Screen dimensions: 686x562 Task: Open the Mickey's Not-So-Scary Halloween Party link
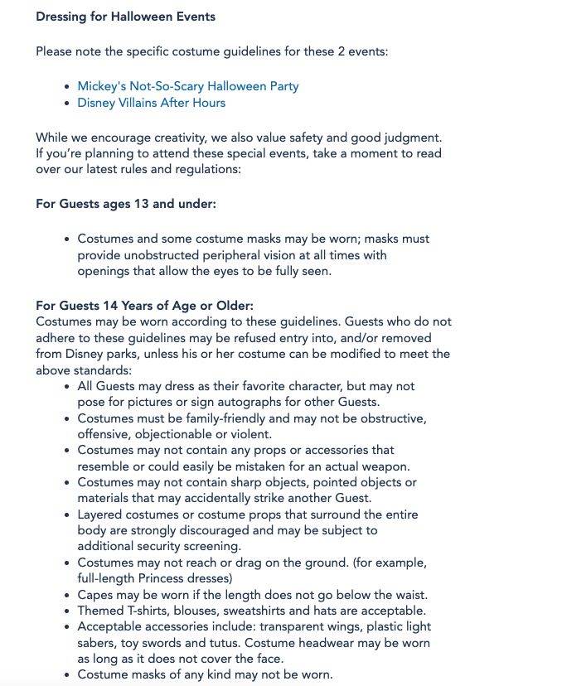(188, 86)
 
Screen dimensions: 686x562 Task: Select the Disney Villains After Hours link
(152, 103)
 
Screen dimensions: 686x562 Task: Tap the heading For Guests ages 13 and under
(126, 204)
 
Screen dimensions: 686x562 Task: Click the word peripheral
(233, 255)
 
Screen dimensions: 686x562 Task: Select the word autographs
(250, 402)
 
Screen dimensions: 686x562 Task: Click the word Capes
(95, 595)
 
